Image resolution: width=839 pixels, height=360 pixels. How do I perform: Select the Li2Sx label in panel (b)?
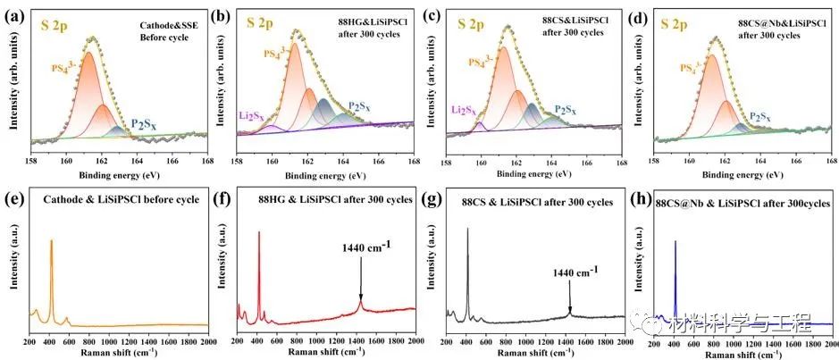[251, 115]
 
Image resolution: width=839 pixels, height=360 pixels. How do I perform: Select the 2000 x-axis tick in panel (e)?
[206, 341]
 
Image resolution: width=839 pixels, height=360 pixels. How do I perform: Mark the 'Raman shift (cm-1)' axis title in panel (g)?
[534, 354]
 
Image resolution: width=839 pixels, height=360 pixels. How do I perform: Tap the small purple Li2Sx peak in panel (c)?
[482, 127]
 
